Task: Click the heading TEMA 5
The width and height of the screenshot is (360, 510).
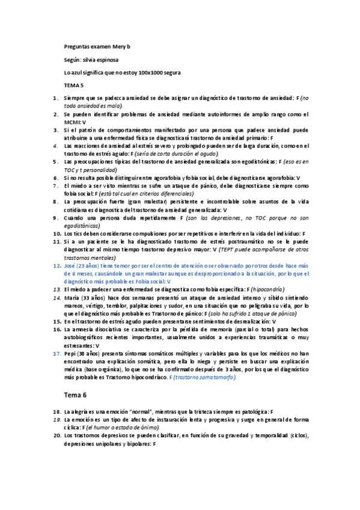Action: coord(74,85)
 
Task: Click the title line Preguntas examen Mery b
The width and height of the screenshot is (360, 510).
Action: coord(97,46)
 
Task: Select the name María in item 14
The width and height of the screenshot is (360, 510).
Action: coord(72,297)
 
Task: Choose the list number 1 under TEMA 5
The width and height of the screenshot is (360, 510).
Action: coord(56,97)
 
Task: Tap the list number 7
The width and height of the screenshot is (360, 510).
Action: coord(56,186)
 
